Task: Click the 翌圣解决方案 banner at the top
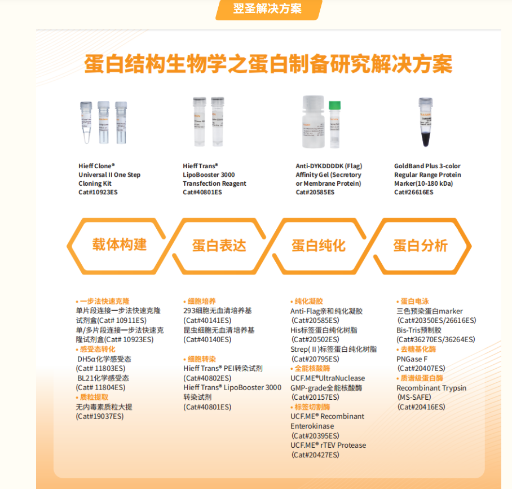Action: [x=268, y=9]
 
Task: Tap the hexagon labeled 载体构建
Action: [x=120, y=245]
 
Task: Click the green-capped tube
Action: [x=334, y=124]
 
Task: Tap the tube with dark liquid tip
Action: [x=425, y=124]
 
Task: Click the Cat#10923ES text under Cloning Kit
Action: [x=98, y=193]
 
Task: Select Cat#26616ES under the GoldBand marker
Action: [x=413, y=193]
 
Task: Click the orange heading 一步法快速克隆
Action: [x=104, y=302]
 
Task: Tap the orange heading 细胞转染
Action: [x=201, y=359]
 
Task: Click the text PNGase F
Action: [x=412, y=359]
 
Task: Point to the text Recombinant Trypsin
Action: [x=431, y=388]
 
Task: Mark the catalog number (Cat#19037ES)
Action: [x=99, y=417]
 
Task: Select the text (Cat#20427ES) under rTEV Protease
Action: [x=315, y=455]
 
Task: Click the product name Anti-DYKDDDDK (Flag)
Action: [x=329, y=166]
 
